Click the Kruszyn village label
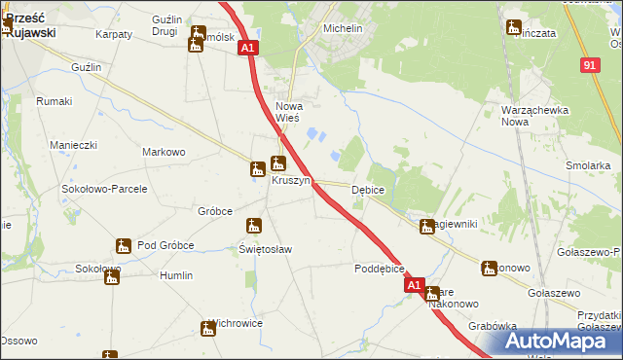pyautogui.click(x=291, y=181)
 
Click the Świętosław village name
pyautogui.click(x=266, y=249)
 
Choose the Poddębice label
pyautogui.click(x=380, y=269)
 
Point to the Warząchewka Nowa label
pyautogui.click(x=534, y=116)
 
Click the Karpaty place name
pyautogui.click(x=114, y=34)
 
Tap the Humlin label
pyautogui.click(x=176, y=275)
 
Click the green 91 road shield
pyautogui.click(x=590, y=64)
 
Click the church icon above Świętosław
pyautogui.click(x=254, y=227)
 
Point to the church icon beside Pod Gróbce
pyautogui.click(x=124, y=245)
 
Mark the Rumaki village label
pyautogui.click(x=54, y=101)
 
